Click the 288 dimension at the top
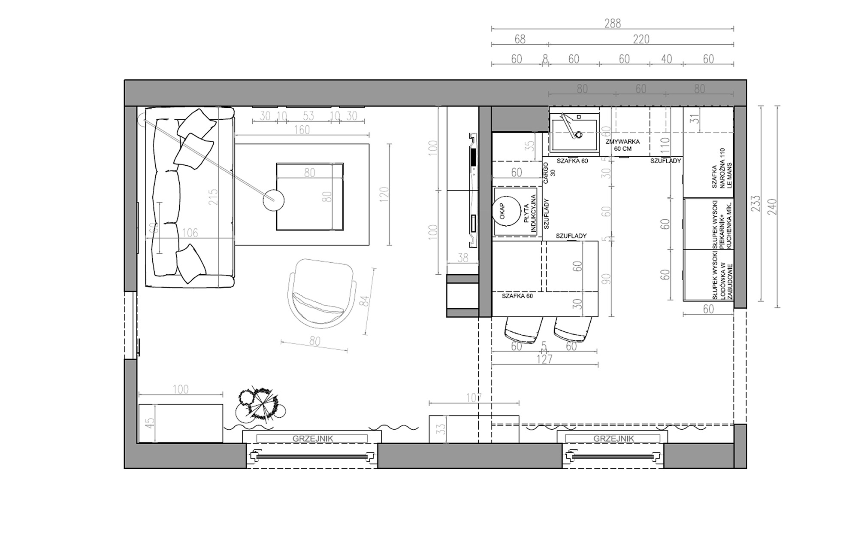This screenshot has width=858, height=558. coord(612,23)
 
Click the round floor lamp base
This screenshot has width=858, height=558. coord(273,200)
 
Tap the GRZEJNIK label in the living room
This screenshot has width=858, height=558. coord(312,439)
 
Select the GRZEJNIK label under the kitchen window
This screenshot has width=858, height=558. coord(613,439)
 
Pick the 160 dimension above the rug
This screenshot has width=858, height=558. coord(302,130)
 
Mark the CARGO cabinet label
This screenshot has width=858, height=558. coord(549,173)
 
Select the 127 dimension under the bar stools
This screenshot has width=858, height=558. coord(544,359)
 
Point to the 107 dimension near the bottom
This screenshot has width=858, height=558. coord(474,398)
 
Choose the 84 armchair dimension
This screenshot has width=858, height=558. coord(366,300)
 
